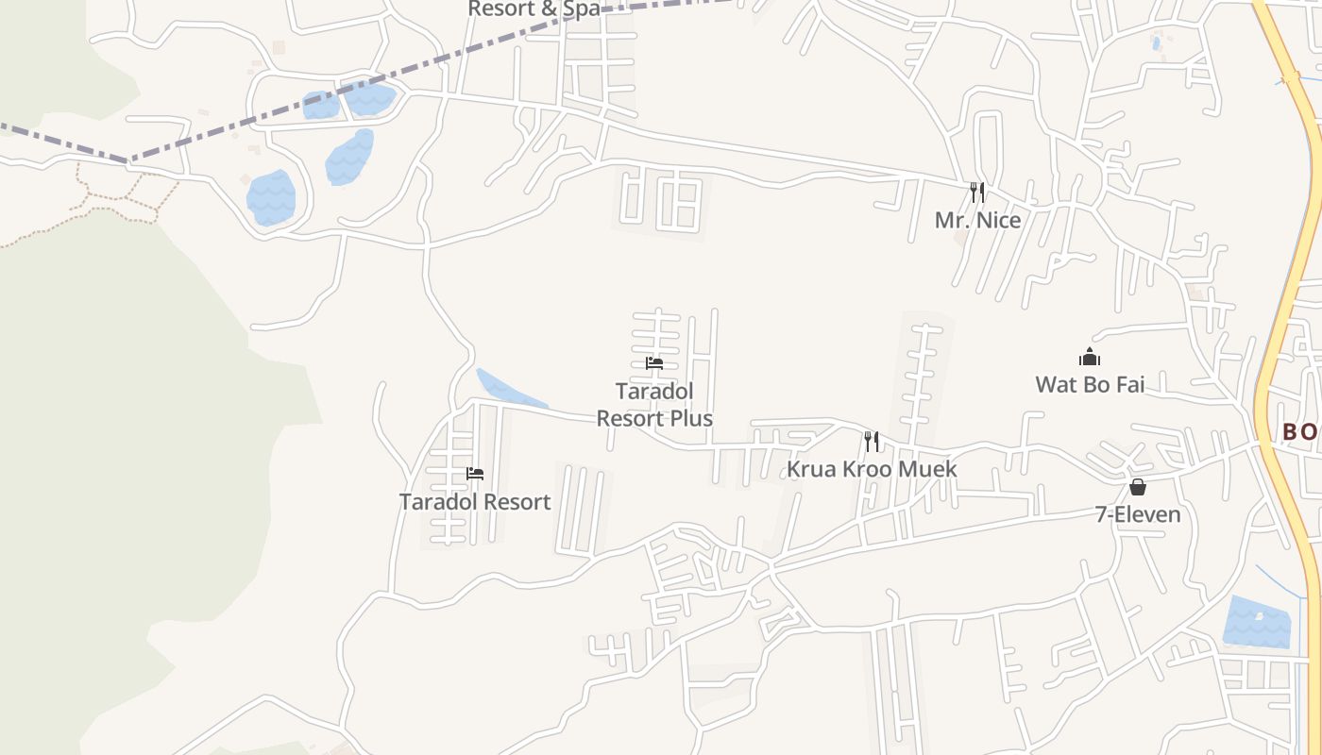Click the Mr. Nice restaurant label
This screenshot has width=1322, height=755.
pos(977,220)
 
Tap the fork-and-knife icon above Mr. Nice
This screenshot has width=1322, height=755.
pos(977,193)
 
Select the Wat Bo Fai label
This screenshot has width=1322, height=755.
pos(1090,384)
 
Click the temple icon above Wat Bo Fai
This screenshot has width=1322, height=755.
pos(1090,357)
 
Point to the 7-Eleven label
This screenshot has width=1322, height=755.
pos(1138,514)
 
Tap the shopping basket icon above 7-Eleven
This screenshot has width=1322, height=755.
pos(1138,487)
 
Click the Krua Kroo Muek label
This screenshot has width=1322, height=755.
pos(872,469)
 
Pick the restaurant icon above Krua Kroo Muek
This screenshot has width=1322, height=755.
pos(872,441)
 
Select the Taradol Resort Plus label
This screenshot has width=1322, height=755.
pos(654,404)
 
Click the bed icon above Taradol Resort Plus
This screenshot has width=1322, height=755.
pos(654,363)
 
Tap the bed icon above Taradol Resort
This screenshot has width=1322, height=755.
pos(475,474)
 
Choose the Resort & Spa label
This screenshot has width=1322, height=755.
pos(534,9)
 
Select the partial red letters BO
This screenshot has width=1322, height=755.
pos(1299,432)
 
